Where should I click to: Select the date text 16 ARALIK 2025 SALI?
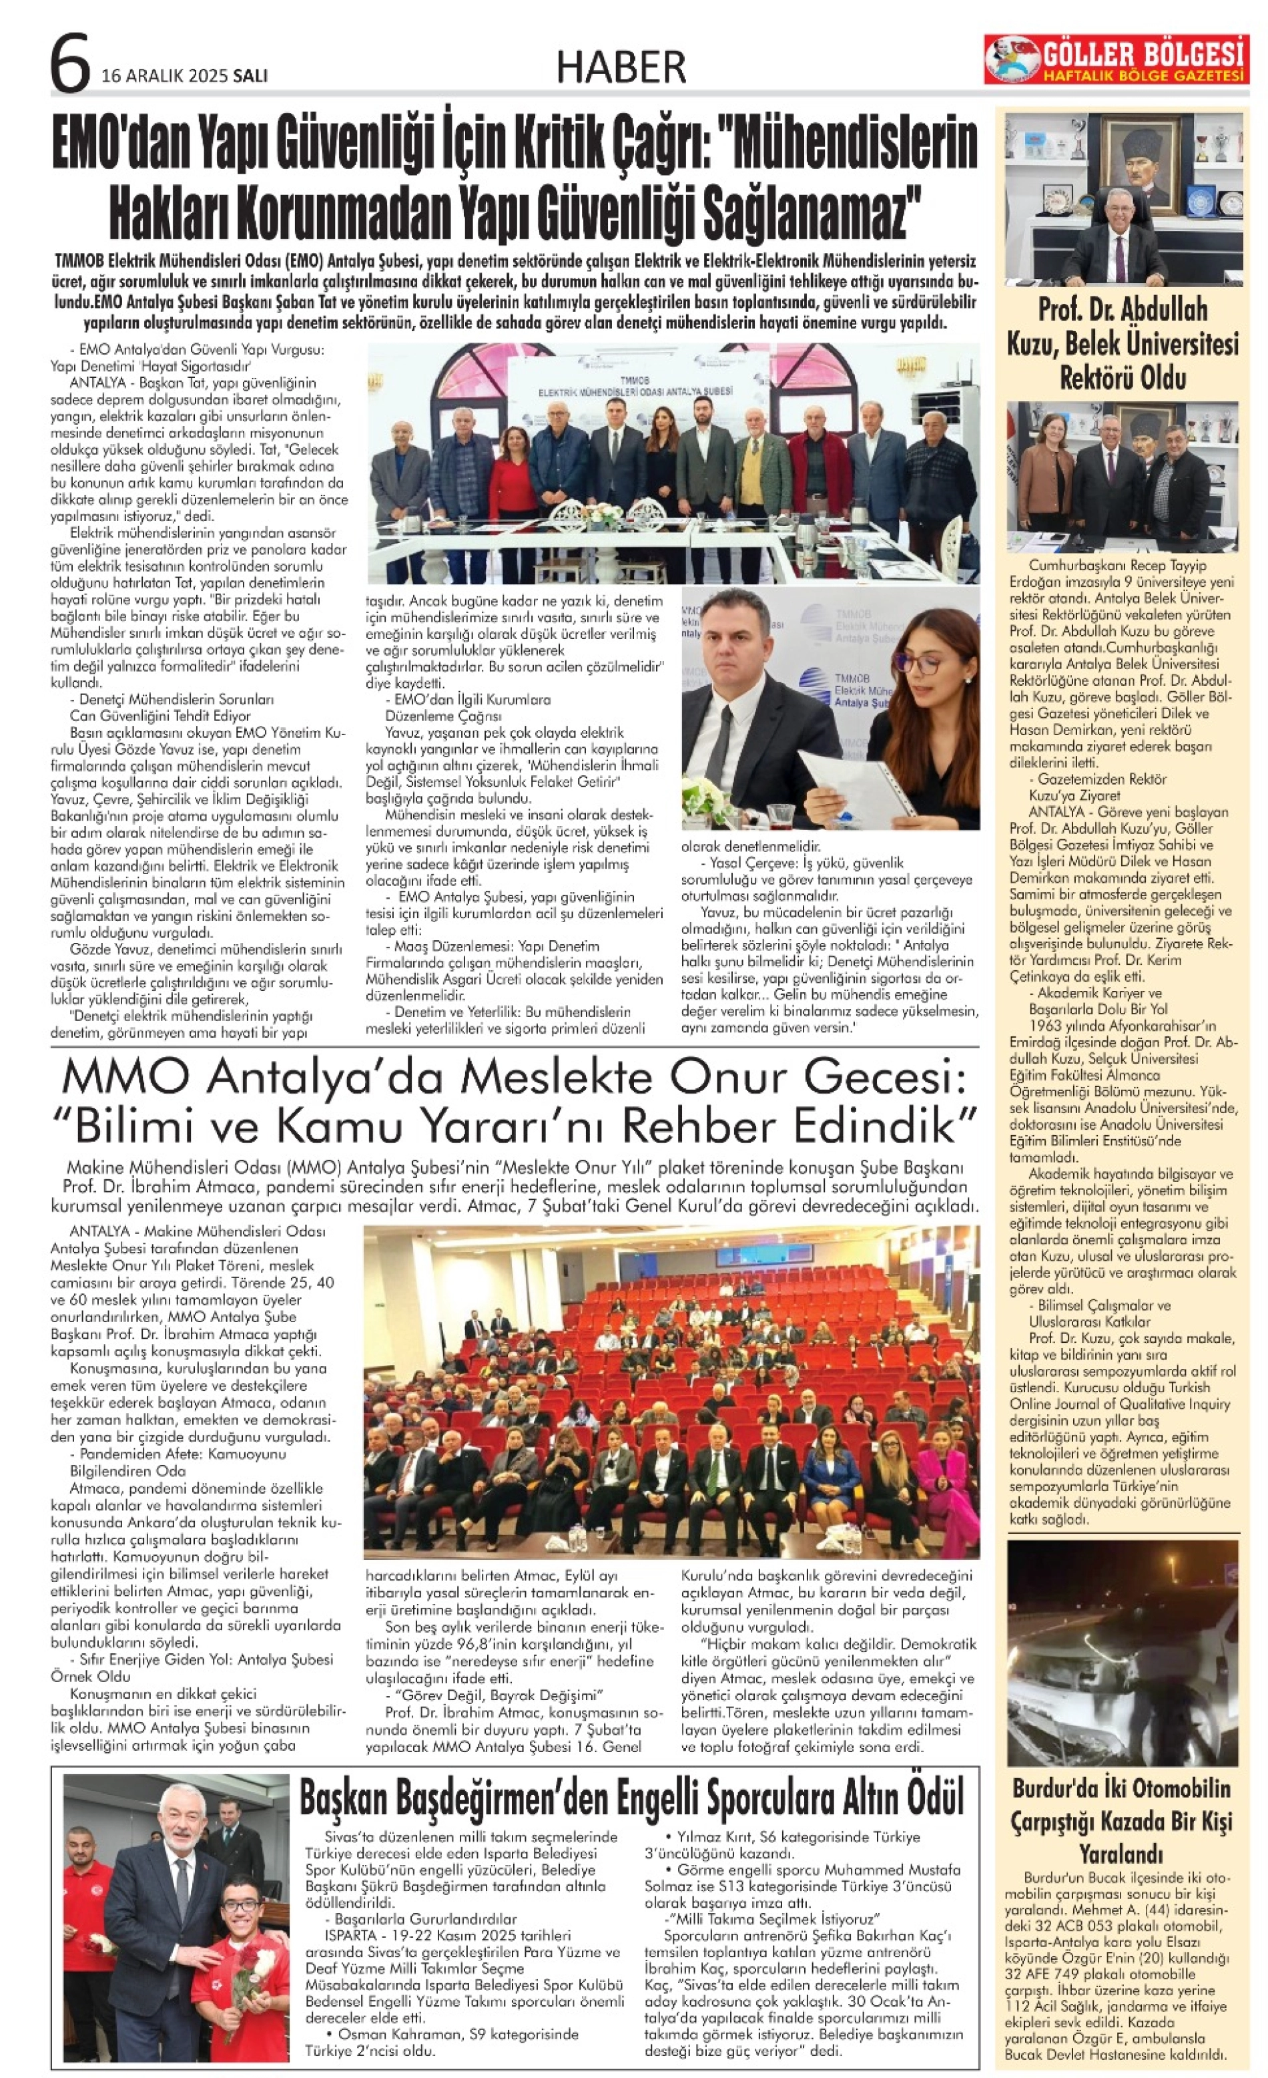coord(184,76)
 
